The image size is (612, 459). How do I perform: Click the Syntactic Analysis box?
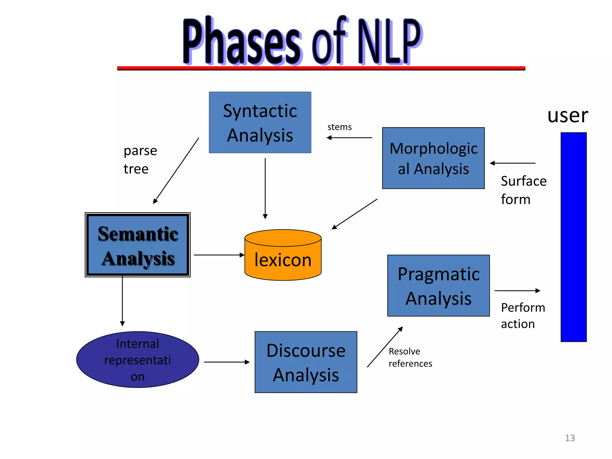(260, 123)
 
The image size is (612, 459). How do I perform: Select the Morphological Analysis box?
(433, 158)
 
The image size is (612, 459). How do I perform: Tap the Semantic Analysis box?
(137, 245)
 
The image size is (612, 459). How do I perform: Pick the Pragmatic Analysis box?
(438, 286)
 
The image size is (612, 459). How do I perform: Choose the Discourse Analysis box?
(306, 362)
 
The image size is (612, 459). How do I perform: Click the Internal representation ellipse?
(137, 360)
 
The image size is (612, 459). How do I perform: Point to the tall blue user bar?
(573, 237)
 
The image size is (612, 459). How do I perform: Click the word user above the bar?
(567, 115)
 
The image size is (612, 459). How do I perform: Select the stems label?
(339, 127)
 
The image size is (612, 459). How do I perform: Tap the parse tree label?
(140, 160)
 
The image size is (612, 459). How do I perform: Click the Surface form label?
(524, 190)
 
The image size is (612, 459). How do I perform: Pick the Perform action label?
(523, 316)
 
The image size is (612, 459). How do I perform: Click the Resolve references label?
(410, 357)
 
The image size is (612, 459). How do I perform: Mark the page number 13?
(570, 438)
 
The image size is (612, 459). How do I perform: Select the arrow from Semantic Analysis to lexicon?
(219, 255)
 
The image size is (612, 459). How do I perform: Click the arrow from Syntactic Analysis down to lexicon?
(265, 188)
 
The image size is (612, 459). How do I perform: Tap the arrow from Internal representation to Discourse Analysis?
(227, 362)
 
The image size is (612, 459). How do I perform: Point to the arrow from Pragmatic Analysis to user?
(517, 290)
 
